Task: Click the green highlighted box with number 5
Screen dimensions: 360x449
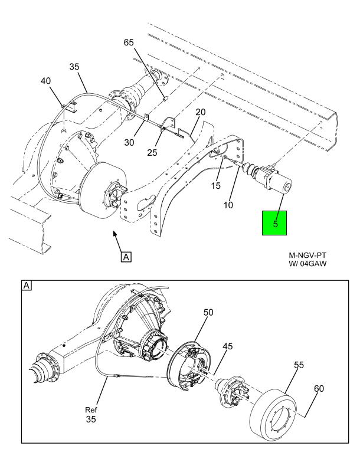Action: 274,223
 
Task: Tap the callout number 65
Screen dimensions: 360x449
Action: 129,42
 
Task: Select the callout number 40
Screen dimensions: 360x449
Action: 45,81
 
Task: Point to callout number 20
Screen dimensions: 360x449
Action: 201,112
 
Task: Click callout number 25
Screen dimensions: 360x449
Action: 152,152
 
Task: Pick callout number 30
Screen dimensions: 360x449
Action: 129,142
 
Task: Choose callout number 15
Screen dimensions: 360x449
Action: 215,186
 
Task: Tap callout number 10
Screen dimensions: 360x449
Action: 228,205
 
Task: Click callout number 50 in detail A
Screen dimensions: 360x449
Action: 208,312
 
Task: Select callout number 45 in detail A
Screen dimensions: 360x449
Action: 227,346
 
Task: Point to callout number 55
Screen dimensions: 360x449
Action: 299,365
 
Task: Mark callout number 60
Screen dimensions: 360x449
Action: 319,389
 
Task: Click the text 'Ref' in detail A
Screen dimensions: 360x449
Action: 91,410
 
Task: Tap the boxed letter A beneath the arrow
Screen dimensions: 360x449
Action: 126,257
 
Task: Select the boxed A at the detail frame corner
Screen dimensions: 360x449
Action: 27,286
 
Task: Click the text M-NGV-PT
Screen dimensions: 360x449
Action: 307,255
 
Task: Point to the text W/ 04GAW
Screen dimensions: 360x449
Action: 307,264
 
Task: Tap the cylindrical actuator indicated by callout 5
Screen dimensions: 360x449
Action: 273,178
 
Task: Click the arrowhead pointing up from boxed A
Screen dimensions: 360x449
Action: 115,234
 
